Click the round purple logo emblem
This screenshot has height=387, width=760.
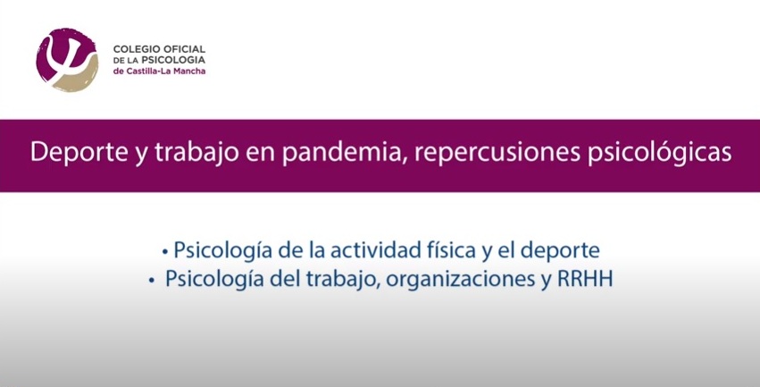pyautogui.click(x=67, y=60)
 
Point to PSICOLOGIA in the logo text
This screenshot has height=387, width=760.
pyautogui.click(x=177, y=60)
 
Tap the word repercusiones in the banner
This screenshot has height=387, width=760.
pyautogui.click(x=497, y=153)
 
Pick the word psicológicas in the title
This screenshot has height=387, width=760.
pyautogui.click(x=660, y=153)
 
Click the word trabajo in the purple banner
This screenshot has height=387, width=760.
pyautogui.click(x=197, y=153)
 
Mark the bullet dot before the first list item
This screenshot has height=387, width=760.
pyautogui.click(x=165, y=252)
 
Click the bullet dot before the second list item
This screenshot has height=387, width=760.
pyautogui.click(x=152, y=281)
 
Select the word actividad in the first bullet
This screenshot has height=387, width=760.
pyautogui.click(x=379, y=250)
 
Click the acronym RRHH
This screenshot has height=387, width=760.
pyautogui.click(x=586, y=279)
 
